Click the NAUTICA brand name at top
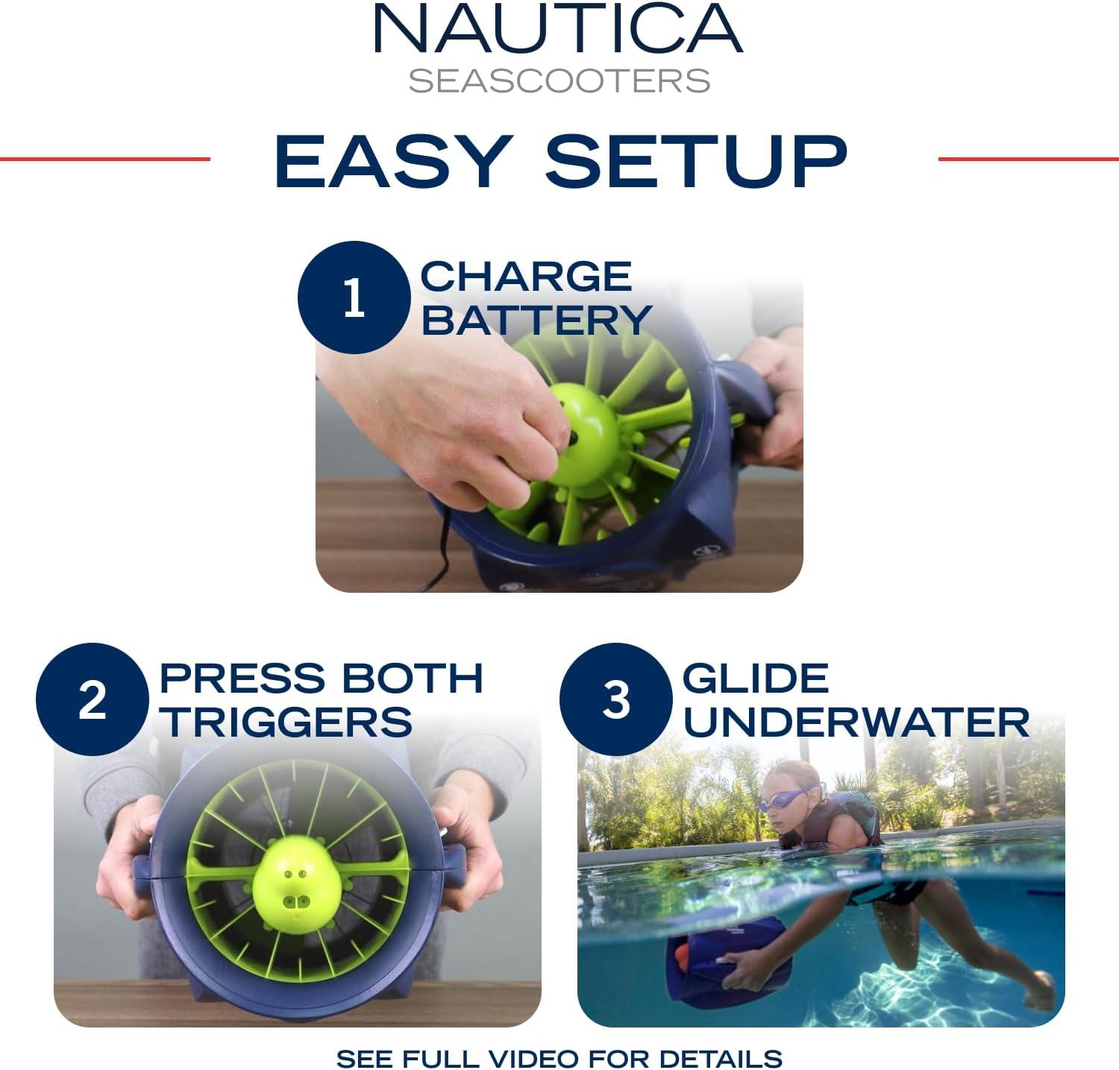point(558,29)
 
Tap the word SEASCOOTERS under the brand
point(559,81)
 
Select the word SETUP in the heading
point(697,160)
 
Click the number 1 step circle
point(354,298)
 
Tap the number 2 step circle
point(92,699)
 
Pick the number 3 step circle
point(615,699)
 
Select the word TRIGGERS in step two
point(287,722)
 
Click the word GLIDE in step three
point(756,678)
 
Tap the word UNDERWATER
point(856,722)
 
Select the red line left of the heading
point(105,158)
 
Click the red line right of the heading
point(1028,158)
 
